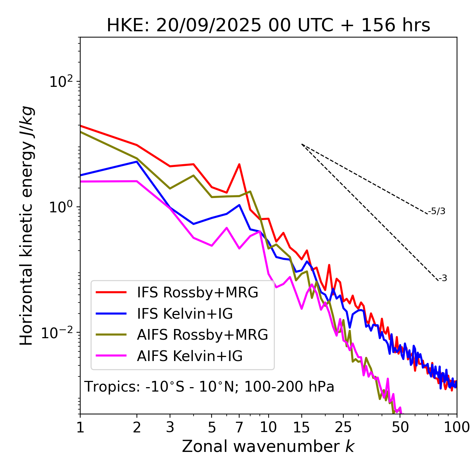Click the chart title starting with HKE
(268, 26)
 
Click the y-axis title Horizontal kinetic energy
(27, 226)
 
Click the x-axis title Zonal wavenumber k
(268, 446)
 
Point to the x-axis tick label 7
(239, 427)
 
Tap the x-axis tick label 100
(457, 427)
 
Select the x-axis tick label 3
(170, 427)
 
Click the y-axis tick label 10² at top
(62, 81)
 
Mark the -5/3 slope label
(437, 211)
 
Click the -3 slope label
(443, 279)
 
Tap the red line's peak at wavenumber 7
(239, 165)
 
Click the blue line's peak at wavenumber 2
(137, 162)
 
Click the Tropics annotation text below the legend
(209, 387)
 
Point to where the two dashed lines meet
(302, 144)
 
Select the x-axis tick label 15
(302, 427)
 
